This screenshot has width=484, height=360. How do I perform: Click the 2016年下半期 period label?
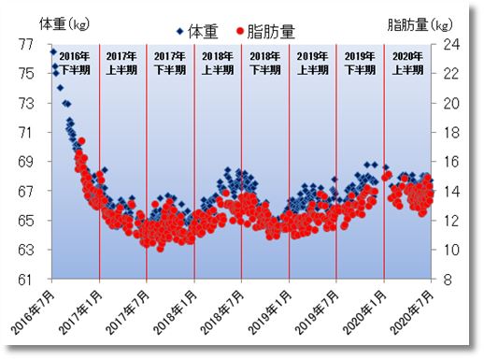pyautogui.click(x=75, y=62)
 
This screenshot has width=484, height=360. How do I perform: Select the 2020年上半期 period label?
pyautogui.click(x=407, y=62)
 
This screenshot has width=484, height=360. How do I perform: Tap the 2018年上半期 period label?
pyautogui.click(x=218, y=62)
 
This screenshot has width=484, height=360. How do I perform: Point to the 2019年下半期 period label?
pyautogui.click(x=360, y=62)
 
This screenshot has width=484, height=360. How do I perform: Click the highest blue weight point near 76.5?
pyautogui.click(x=53, y=51)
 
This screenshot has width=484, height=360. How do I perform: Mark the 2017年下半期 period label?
pyautogui.click(x=170, y=62)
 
